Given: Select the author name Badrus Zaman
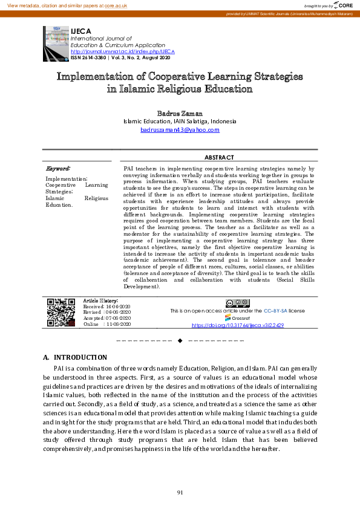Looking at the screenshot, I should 179,113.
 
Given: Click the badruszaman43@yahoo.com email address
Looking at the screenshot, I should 180,130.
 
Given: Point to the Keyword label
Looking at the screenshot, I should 58,167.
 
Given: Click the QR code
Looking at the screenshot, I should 61,313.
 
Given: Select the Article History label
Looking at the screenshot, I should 100,300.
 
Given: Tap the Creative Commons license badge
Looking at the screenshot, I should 237,303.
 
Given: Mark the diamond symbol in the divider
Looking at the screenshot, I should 180,341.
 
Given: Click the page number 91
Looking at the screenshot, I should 180,493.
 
